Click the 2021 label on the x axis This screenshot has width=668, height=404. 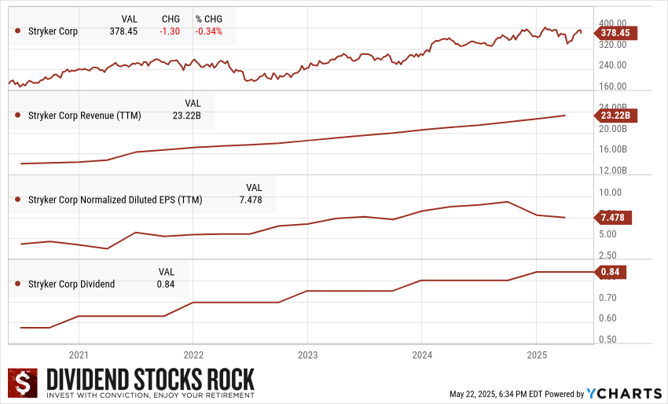click(x=79, y=354)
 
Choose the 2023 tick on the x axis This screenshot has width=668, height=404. click(x=307, y=354)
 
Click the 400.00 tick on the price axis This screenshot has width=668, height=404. click(x=613, y=23)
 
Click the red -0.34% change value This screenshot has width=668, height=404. click(x=209, y=31)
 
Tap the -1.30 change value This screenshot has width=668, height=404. click(x=170, y=31)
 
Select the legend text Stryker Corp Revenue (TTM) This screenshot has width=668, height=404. click(x=84, y=116)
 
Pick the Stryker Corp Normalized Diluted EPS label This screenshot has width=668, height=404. click(x=115, y=200)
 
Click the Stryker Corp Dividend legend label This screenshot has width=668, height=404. click(x=71, y=284)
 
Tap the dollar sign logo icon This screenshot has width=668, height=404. click(x=24, y=383)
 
